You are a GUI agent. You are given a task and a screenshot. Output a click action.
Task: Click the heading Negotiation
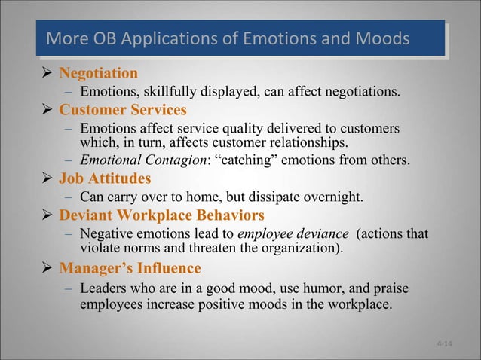click(x=98, y=74)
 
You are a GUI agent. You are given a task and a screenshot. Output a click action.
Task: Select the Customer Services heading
click(x=123, y=110)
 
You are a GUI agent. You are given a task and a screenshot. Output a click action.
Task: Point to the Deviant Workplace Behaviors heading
click(x=161, y=215)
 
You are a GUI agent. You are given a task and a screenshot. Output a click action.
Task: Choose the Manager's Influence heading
click(x=130, y=268)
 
